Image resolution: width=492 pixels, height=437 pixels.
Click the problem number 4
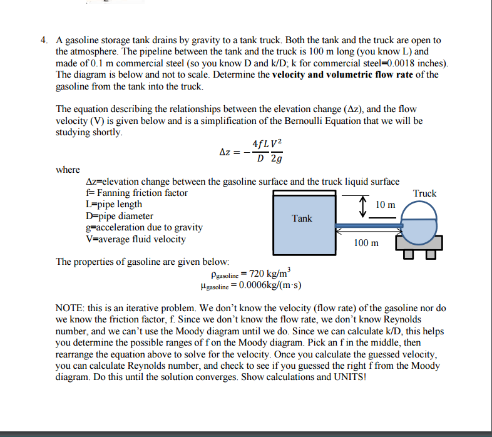[44, 41]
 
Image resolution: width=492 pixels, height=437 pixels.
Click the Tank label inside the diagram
[302, 218]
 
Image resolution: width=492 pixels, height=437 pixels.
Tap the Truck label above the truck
[424, 193]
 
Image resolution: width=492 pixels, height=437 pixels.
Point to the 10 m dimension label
[386, 205]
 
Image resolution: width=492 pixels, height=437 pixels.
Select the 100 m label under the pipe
[366, 243]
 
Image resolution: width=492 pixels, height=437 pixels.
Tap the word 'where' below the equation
[68, 170]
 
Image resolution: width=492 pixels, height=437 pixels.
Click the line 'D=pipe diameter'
[118, 216]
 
